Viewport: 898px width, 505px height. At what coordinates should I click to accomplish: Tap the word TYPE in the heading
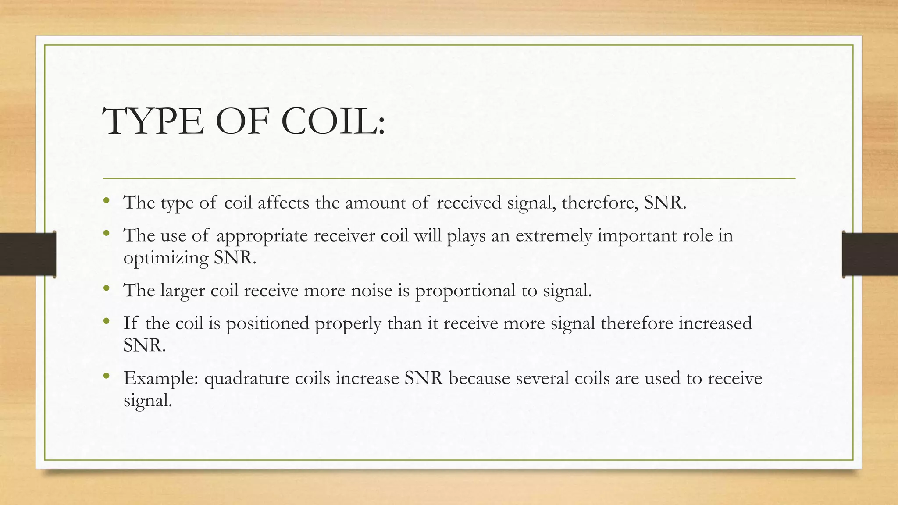click(153, 121)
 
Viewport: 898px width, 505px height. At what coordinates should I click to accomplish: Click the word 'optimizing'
click(166, 258)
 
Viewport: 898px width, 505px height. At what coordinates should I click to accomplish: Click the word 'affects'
click(283, 203)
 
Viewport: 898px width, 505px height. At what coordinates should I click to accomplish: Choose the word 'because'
click(479, 378)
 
